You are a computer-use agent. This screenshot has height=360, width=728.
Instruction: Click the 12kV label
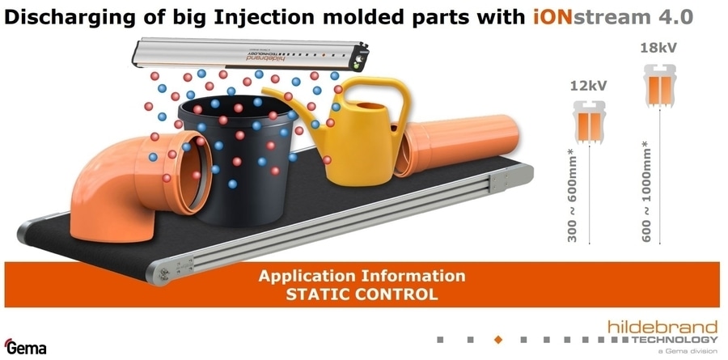click(588, 86)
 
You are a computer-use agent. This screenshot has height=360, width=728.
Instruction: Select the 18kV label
click(658, 48)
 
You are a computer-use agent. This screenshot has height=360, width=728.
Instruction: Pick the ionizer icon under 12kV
click(589, 121)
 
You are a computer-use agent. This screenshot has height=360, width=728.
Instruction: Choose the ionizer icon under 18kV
click(660, 85)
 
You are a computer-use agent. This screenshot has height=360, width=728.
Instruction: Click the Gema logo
click(25, 346)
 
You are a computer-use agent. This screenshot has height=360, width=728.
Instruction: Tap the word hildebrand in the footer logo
click(662, 327)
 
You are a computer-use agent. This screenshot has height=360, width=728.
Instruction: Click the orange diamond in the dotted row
click(498, 340)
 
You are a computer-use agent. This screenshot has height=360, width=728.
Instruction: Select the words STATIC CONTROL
click(362, 294)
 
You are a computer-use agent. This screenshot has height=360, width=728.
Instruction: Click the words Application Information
click(362, 276)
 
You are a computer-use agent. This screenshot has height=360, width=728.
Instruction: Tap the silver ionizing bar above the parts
click(251, 55)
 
